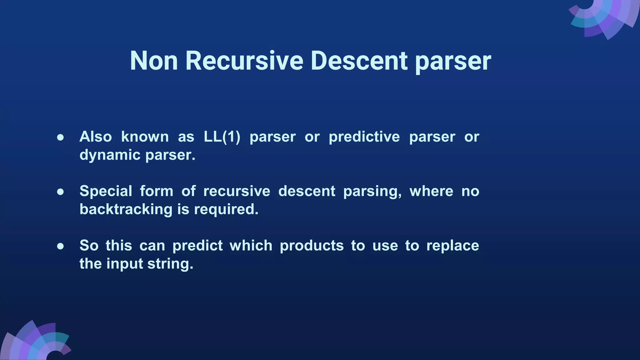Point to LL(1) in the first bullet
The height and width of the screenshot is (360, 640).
coord(222,137)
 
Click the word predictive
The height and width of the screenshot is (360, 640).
coord(364,137)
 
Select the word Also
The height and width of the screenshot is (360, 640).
coord(96,137)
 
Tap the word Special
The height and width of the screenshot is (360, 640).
coord(106,191)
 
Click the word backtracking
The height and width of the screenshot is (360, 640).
coord(126,209)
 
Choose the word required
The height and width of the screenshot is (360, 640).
coord(226,209)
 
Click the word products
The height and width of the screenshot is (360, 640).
coord(312,246)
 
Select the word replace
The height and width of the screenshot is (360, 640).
coord(452,246)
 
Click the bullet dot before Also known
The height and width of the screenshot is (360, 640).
coord(61,137)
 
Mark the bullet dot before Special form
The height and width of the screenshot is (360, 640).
coord(61,192)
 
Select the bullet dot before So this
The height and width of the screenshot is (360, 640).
coord(61,246)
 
